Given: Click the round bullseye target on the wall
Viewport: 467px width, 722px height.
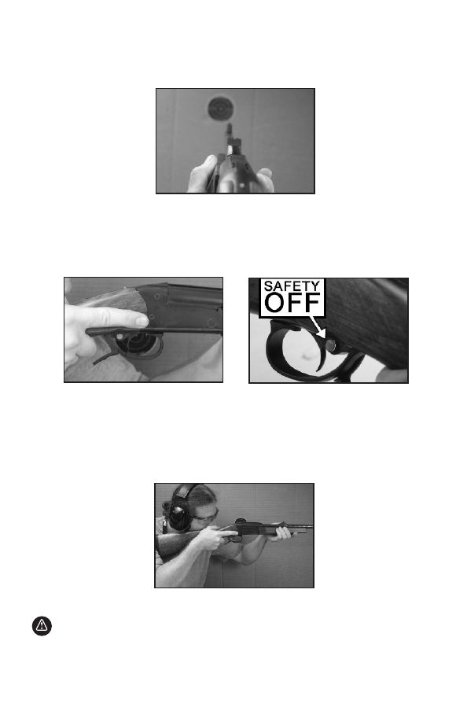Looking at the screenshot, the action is pyautogui.click(x=221, y=109).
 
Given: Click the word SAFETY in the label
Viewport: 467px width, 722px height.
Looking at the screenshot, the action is pyautogui.click(x=292, y=286).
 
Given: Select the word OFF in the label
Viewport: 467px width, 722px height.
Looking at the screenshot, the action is pyautogui.click(x=292, y=303).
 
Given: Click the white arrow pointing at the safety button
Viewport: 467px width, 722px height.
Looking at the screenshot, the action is pyautogui.click(x=317, y=326).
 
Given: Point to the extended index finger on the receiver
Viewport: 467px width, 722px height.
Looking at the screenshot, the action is pyautogui.click(x=115, y=318).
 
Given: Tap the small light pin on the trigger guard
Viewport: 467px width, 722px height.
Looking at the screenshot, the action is pyautogui.click(x=120, y=337).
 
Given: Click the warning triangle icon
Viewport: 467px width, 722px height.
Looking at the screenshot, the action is pyautogui.click(x=42, y=626).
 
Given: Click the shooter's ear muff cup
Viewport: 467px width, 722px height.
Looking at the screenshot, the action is pyautogui.click(x=178, y=516).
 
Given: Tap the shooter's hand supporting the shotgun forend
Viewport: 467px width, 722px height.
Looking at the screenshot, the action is pyautogui.click(x=283, y=533).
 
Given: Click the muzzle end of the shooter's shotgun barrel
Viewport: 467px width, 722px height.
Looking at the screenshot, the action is pyautogui.click(x=311, y=526).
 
